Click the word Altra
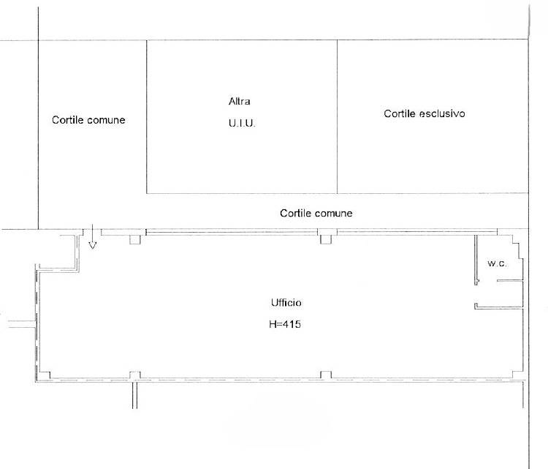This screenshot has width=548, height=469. click(240, 102)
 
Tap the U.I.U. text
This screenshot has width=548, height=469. click(242, 123)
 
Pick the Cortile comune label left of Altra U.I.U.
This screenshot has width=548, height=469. click(88, 120)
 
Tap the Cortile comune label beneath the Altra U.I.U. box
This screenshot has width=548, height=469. click(316, 213)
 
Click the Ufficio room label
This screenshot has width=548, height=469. click(286, 302)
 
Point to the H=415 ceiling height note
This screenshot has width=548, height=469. click(285, 324)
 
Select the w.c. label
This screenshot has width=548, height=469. click(497, 263)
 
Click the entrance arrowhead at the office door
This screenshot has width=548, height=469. click(92, 245)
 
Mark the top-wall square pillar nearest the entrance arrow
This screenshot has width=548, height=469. click(135, 239)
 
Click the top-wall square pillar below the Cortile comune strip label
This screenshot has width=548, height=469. click(326, 239)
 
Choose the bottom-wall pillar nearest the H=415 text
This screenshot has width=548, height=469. click(326, 375)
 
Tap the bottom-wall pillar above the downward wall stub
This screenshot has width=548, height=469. click(135, 375)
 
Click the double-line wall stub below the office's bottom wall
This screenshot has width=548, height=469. click(135, 395)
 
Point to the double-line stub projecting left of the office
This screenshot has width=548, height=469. click(22, 324)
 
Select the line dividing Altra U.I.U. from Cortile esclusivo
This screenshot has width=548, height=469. click(338, 116)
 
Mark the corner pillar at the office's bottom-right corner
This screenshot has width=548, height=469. click(517, 375)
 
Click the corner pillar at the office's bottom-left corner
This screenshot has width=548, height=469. click(45, 375)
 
